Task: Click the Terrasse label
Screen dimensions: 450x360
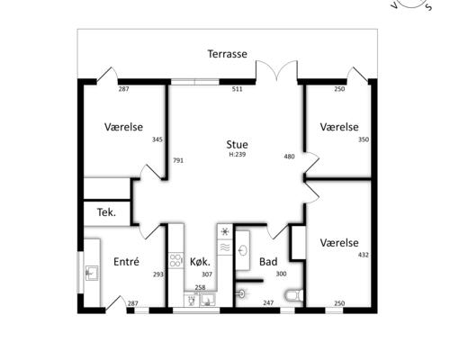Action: (228, 54)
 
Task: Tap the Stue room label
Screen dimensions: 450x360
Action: (237, 145)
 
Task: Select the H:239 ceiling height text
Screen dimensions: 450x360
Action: (238, 155)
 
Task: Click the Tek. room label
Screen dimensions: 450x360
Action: (106, 212)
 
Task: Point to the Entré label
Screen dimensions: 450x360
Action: (126, 262)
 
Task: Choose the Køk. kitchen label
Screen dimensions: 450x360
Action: (200, 262)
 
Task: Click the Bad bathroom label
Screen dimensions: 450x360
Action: (268, 262)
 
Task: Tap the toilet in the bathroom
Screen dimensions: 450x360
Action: (293, 295)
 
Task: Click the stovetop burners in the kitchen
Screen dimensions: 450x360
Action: (175, 260)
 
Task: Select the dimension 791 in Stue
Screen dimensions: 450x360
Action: (178, 160)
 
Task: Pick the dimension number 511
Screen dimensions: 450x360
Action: (237, 89)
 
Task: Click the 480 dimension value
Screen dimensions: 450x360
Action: (289, 157)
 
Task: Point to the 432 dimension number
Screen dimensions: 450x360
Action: (364, 255)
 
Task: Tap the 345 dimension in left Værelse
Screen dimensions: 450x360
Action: (157, 139)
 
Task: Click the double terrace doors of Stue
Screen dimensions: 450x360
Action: (276, 71)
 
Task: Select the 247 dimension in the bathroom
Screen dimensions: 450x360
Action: (268, 303)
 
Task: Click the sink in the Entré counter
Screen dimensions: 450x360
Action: (91, 273)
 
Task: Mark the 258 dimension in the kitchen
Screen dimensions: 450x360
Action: (200, 287)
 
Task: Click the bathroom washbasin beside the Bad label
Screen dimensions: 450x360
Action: (243, 250)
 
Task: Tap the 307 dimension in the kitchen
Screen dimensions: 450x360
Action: (207, 274)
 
